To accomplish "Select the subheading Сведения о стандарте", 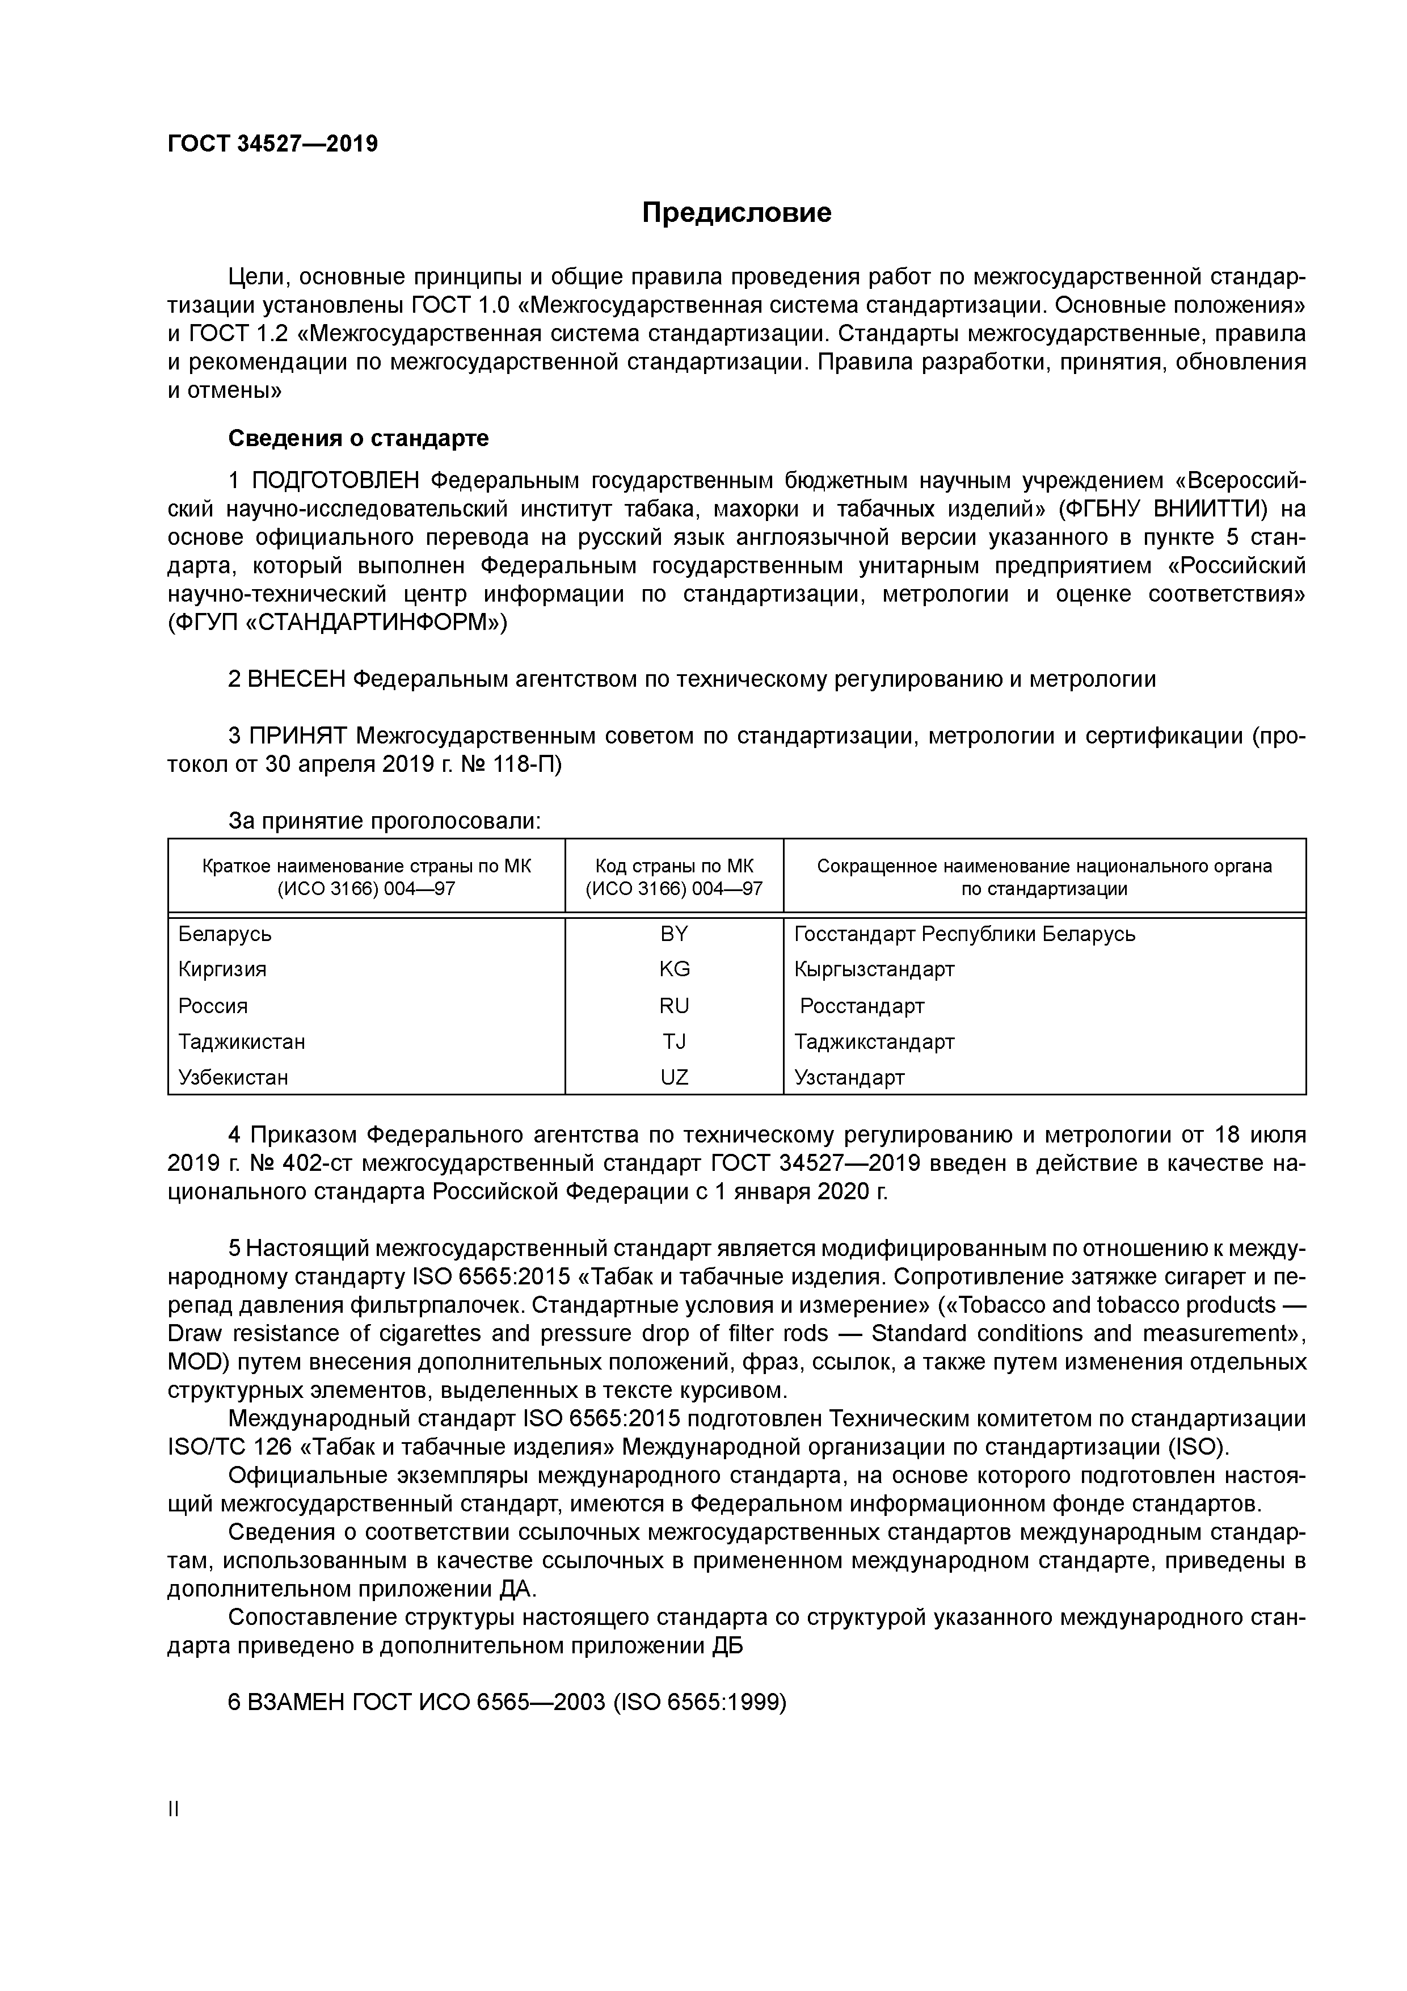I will coord(358,439).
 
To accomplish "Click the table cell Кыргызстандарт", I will coord(874,969).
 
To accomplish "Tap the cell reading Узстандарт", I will coord(849,1078).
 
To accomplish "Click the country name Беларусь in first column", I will coord(225,934).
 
